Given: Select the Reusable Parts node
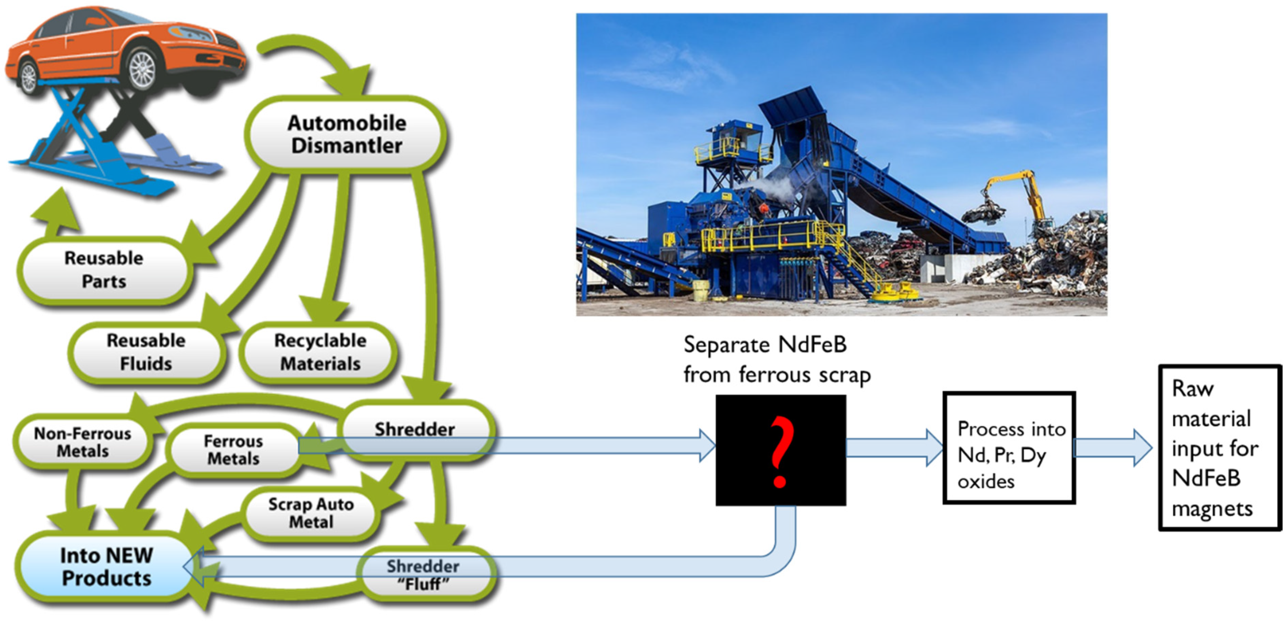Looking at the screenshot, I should coord(104,270).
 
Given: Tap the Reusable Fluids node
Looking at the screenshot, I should coord(146,352).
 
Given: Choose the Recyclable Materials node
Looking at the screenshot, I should coord(320,352).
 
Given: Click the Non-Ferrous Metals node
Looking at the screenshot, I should coord(83,442).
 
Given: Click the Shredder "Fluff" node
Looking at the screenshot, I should coord(423,575).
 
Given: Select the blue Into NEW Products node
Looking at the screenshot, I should coord(106,567).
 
